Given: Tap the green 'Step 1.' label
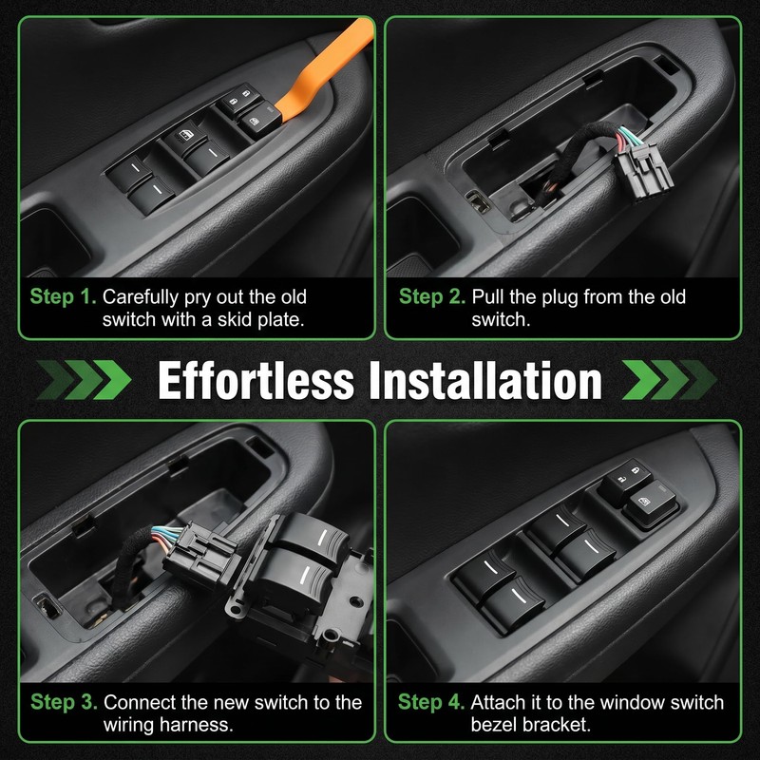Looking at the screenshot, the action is (64, 296).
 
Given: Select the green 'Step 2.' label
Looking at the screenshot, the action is (432, 296).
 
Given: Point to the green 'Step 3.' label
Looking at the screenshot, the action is (64, 702).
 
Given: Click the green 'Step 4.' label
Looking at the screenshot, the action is (431, 702).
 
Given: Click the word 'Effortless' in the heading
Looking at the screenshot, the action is (256, 381).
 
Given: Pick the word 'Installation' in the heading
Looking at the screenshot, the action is (485, 381).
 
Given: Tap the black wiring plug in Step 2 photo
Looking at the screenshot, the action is (643, 168).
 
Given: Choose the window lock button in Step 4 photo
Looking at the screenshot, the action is (650, 504).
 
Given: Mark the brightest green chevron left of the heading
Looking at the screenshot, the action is (112, 380).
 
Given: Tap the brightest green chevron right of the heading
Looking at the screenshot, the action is (640, 380).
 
